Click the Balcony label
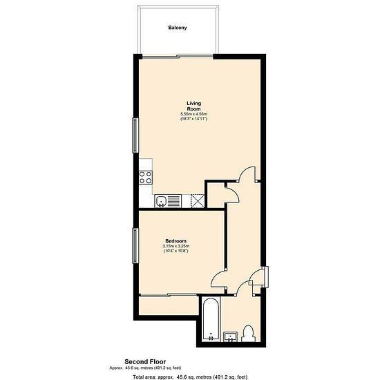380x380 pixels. tap(178, 28)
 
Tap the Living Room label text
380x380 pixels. tap(194, 106)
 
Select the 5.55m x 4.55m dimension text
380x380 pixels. tap(194, 114)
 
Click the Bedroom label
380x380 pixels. tap(176, 241)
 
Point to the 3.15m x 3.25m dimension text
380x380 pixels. tap(176, 246)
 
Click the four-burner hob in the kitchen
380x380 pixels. tap(145, 178)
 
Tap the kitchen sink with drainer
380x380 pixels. tap(168, 201)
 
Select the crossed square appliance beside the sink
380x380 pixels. tap(198, 201)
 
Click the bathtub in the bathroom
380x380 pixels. tap(211, 319)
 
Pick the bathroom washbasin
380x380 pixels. tap(230, 337)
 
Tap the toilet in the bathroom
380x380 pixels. tap(248, 334)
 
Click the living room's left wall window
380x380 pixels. tap(135, 135)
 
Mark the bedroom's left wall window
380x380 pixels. tap(135, 245)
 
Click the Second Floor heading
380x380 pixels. tap(145, 362)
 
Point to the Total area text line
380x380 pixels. tap(190, 377)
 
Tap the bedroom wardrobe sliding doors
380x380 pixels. tap(169, 295)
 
